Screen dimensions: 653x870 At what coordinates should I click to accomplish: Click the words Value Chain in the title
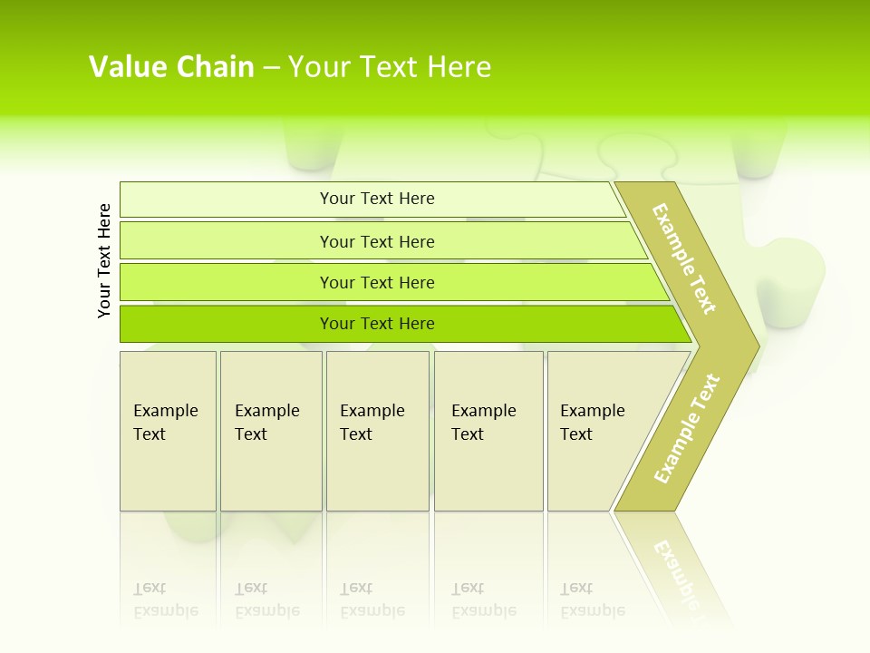click(x=171, y=67)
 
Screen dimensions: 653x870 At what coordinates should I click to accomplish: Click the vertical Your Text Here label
click(x=104, y=260)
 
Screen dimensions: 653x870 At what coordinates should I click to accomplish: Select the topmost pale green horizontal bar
click(x=227, y=200)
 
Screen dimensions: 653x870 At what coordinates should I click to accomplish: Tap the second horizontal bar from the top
click(x=227, y=241)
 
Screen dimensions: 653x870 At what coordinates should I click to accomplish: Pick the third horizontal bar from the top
click(x=227, y=283)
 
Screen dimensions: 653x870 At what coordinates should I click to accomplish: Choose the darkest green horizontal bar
click(x=227, y=324)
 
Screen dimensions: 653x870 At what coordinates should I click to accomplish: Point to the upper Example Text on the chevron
click(x=684, y=258)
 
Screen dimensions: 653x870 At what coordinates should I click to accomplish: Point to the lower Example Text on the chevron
click(x=687, y=429)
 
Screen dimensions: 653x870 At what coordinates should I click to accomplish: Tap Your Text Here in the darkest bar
click(x=377, y=324)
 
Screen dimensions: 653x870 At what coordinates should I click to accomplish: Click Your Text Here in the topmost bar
click(x=377, y=199)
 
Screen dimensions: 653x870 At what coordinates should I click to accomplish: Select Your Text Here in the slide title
click(x=390, y=67)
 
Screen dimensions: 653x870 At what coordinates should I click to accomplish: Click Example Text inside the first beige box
click(x=165, y=423)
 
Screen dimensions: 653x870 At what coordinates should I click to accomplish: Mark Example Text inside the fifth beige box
click(x=592, y=423)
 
